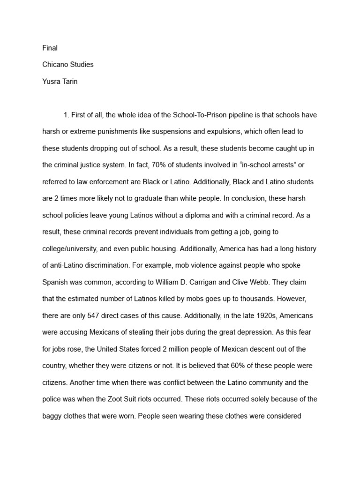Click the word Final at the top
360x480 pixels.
tap(50, 48)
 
